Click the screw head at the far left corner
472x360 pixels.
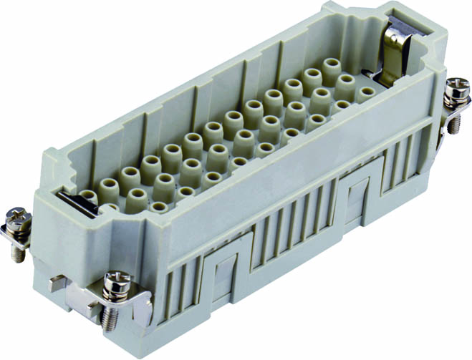[x=16, y=215]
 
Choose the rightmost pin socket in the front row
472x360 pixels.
[x=365, y=92]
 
